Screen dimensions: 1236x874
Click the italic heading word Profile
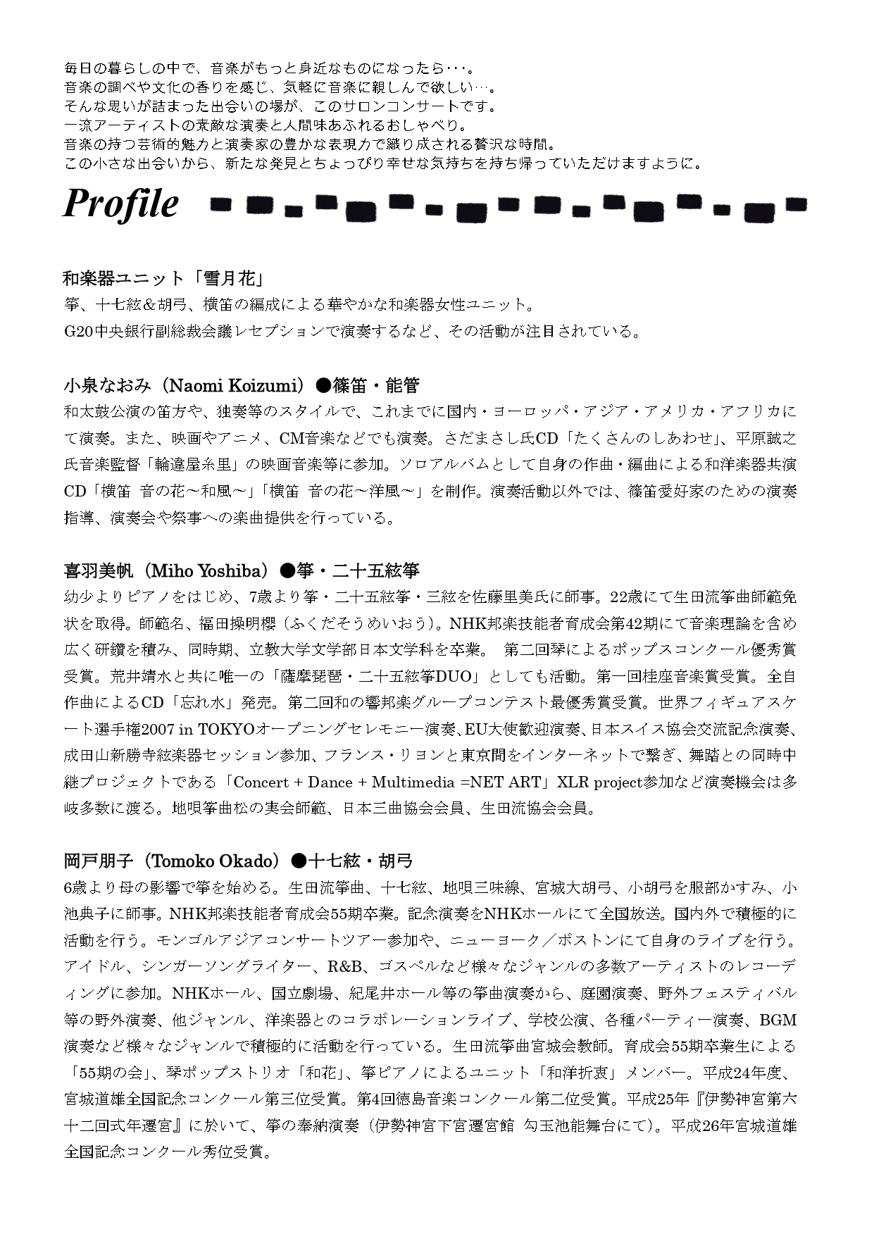coord(120,204)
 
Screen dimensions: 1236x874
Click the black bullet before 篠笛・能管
coord(323,385)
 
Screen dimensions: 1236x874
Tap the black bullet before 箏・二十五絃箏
coord(287,570)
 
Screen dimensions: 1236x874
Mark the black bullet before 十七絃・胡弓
coord(298,861)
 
